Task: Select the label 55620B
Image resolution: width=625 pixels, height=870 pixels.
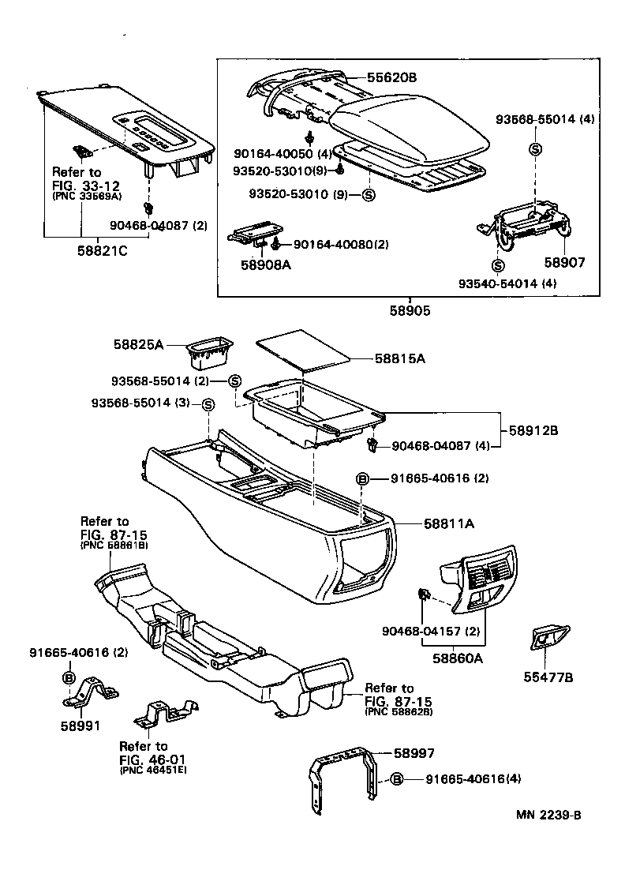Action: (x=391, y=77)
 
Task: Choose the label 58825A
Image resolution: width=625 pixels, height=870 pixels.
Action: (x=138, y=345)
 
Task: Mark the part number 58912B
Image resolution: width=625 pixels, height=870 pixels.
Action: (x=533, y=430)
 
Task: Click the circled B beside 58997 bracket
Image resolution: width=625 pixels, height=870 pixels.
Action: (x=398, y=780)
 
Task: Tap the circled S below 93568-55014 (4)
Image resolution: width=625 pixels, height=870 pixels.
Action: (x=535, y=149)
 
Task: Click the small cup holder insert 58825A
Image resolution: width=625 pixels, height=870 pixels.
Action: (x=210, y=354)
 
